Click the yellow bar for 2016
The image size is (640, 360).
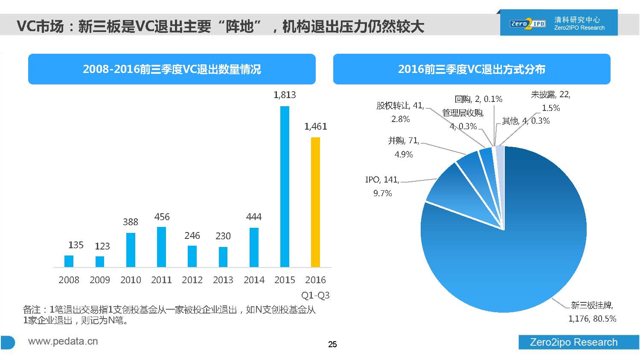point(315,202)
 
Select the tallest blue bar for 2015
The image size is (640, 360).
point(285,186)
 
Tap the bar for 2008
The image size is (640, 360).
point(69,261)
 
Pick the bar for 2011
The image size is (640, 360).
point(161,247)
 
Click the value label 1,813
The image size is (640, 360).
point(285,95)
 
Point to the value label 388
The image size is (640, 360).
point(131,222)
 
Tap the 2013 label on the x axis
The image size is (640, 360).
point(223,280)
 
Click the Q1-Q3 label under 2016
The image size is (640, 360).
point(315,295)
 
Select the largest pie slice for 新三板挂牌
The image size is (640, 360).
point(512,247)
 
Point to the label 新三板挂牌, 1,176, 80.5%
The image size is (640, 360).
point(592,312)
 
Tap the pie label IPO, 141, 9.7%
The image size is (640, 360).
point(382,186)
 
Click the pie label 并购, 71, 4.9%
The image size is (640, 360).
point(404,147)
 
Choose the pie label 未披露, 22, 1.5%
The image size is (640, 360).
point(550,101)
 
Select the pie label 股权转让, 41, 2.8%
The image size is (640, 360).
point(400,112)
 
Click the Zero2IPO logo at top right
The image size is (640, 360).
point(528,23)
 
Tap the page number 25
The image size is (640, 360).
point(332,344)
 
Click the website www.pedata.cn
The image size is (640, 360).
point(63,341)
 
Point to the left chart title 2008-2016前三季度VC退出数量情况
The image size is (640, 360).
point(172,69)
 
